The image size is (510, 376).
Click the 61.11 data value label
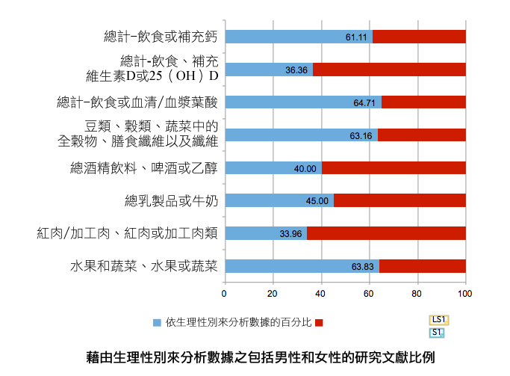pos(356,37)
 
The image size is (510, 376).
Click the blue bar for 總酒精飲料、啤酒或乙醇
pos(273,168)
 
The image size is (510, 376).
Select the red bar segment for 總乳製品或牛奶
pos(399,201)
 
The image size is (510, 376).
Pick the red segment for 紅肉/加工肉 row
pos(386,234)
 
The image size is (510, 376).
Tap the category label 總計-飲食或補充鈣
pos(160,37)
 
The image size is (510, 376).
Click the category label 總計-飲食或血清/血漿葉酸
pos(137,102)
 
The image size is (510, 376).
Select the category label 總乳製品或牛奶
pos(170,201)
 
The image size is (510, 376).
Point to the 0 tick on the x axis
pos(225,293)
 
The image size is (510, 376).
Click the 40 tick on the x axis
pos(321,293)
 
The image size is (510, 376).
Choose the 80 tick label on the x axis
pos(417,293)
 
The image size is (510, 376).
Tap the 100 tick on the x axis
pos(465,293)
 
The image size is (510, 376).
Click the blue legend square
pos(157,323)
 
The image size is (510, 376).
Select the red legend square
pos(319,323)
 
